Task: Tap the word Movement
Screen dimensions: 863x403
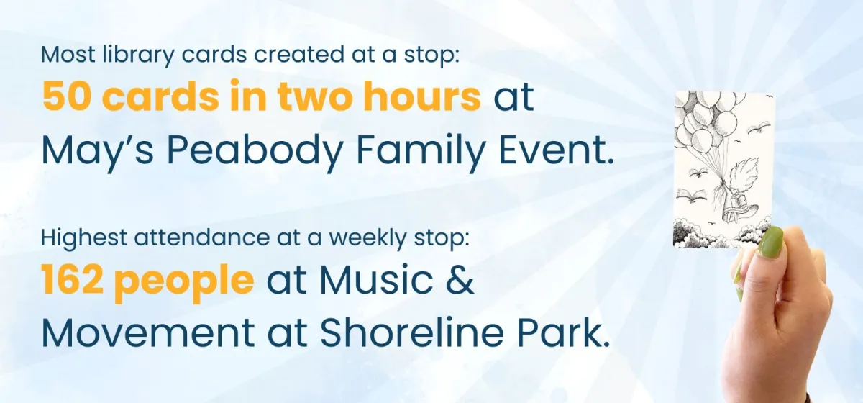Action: tap(148, 332)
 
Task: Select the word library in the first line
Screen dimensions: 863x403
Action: tap(138, 55)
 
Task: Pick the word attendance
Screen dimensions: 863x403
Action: tap(201, 237)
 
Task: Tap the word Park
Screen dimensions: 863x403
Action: tap(563, 332)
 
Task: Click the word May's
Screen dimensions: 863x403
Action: tap(98, 151)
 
